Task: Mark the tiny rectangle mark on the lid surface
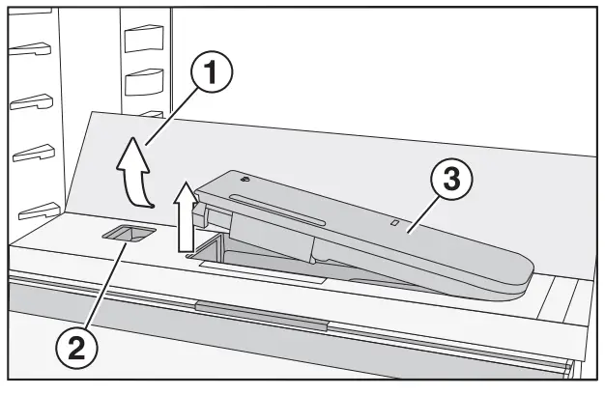(x=393, y=223)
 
